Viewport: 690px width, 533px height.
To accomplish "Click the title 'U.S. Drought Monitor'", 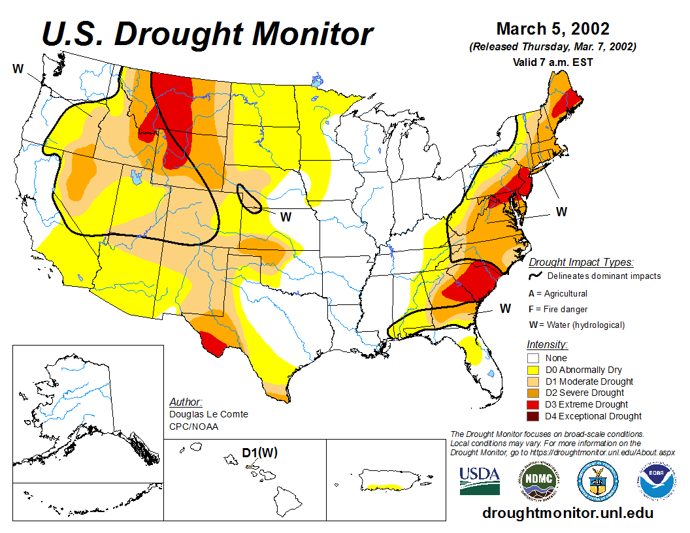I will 208,34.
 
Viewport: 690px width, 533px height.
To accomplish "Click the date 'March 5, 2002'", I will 553,29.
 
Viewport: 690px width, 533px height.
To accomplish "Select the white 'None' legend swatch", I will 533,358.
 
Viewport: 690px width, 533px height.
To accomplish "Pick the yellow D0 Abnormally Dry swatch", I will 533,370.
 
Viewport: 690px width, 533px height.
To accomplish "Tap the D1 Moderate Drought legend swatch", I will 533,381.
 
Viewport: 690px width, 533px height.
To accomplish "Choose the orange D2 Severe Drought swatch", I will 533,393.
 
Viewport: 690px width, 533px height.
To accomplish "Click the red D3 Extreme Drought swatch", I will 533,405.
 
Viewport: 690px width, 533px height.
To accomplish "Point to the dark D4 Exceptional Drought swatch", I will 533,417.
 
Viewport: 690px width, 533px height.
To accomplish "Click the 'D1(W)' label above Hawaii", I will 260,453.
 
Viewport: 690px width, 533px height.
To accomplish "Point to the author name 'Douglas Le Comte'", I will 208,415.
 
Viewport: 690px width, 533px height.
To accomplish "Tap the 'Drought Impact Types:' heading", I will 581,263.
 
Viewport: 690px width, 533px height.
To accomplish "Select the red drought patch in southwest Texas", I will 213,343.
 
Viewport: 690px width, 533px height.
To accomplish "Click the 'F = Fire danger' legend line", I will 558,309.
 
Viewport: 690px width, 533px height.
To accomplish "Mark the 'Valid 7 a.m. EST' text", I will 553,63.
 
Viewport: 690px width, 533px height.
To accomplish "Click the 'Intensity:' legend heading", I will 547,344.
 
